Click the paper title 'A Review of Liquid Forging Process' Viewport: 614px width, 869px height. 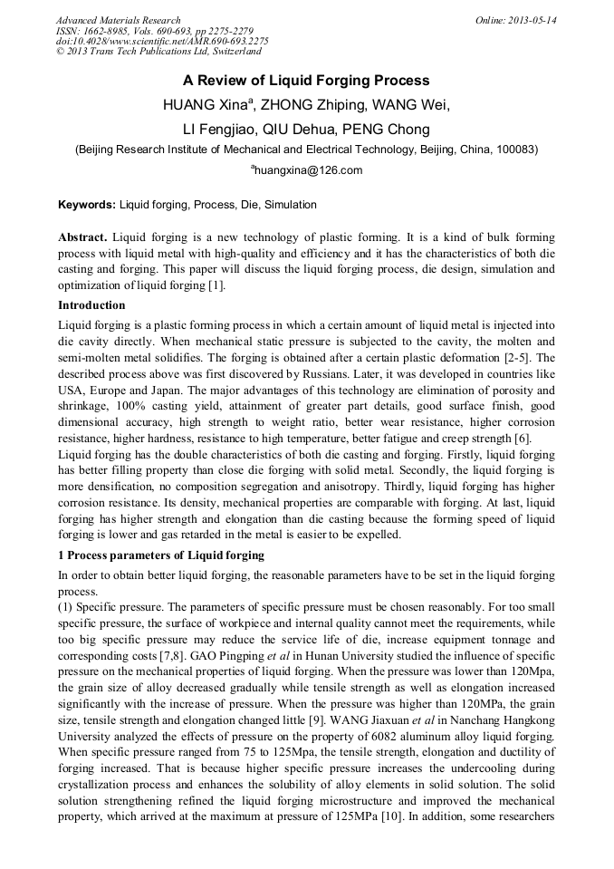pyautogui.click(x=306, y=81)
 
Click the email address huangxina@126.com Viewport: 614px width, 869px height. pyautogui.click(x=307, y=170)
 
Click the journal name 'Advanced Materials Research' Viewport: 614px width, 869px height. pyautogui.click(x=119, y=20)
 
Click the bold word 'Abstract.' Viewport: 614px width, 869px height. pyautogui.click(x=83, y=237)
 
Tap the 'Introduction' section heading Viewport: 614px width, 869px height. pyautogui.click(x=91, y=305)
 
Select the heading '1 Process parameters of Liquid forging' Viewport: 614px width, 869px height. pyautogui.click(x=161, y=555)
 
